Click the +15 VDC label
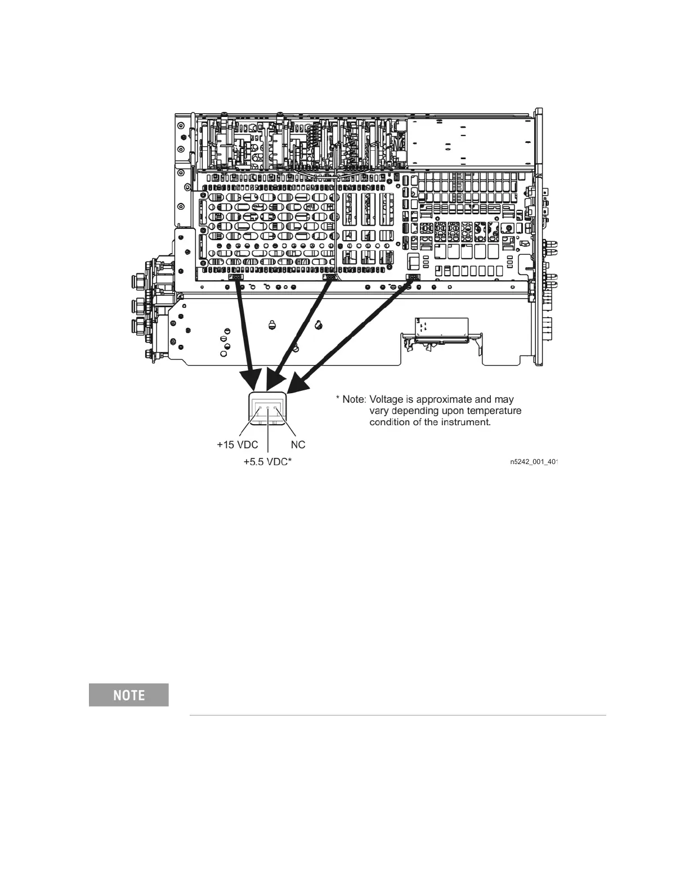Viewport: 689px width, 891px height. click(237, 445)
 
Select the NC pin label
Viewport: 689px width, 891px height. click(298, 445)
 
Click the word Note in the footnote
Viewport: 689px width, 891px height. click(354, 399)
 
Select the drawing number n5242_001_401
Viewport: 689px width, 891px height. click(533, 462)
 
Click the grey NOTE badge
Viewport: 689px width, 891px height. click(129, 695)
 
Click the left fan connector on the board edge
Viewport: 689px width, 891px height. click(236, 277)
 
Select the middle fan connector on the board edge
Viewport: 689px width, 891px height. click(329, 277)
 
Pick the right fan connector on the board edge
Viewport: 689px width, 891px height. click(413, 277)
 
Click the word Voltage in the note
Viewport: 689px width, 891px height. click(388, 399)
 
